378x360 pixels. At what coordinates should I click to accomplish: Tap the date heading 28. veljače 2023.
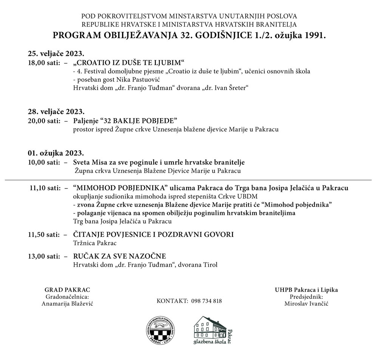[x=56, y=112]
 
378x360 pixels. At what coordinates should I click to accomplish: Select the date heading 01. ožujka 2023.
[x=56, y=153]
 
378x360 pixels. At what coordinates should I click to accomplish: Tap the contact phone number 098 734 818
[x=207, y=301]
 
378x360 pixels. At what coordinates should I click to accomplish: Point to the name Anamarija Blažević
[x=67, y=304]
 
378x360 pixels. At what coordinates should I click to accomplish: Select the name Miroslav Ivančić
[x=306, y=304]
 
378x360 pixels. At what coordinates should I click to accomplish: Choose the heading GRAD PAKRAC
[x=67, y=290]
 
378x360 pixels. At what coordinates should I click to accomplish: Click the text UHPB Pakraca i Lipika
[x=306, y=290]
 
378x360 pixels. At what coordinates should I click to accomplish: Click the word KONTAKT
[x=172, y=301]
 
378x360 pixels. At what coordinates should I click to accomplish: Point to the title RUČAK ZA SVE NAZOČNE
[x=119, y=256]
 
